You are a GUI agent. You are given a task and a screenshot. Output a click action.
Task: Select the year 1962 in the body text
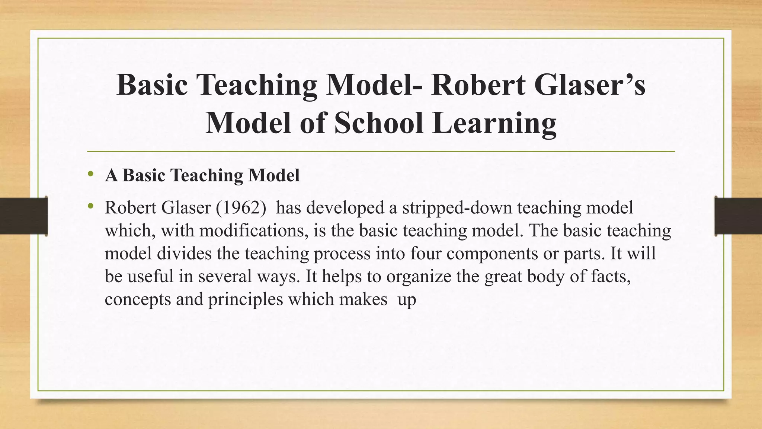click(x=241, y=208)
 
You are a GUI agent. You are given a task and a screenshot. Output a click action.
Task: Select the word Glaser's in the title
click(x=589, y=85)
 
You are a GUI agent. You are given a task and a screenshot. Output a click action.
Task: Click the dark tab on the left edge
click(x=23, y=216)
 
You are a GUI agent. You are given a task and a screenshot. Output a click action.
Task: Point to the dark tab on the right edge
click(x=738, y=216)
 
